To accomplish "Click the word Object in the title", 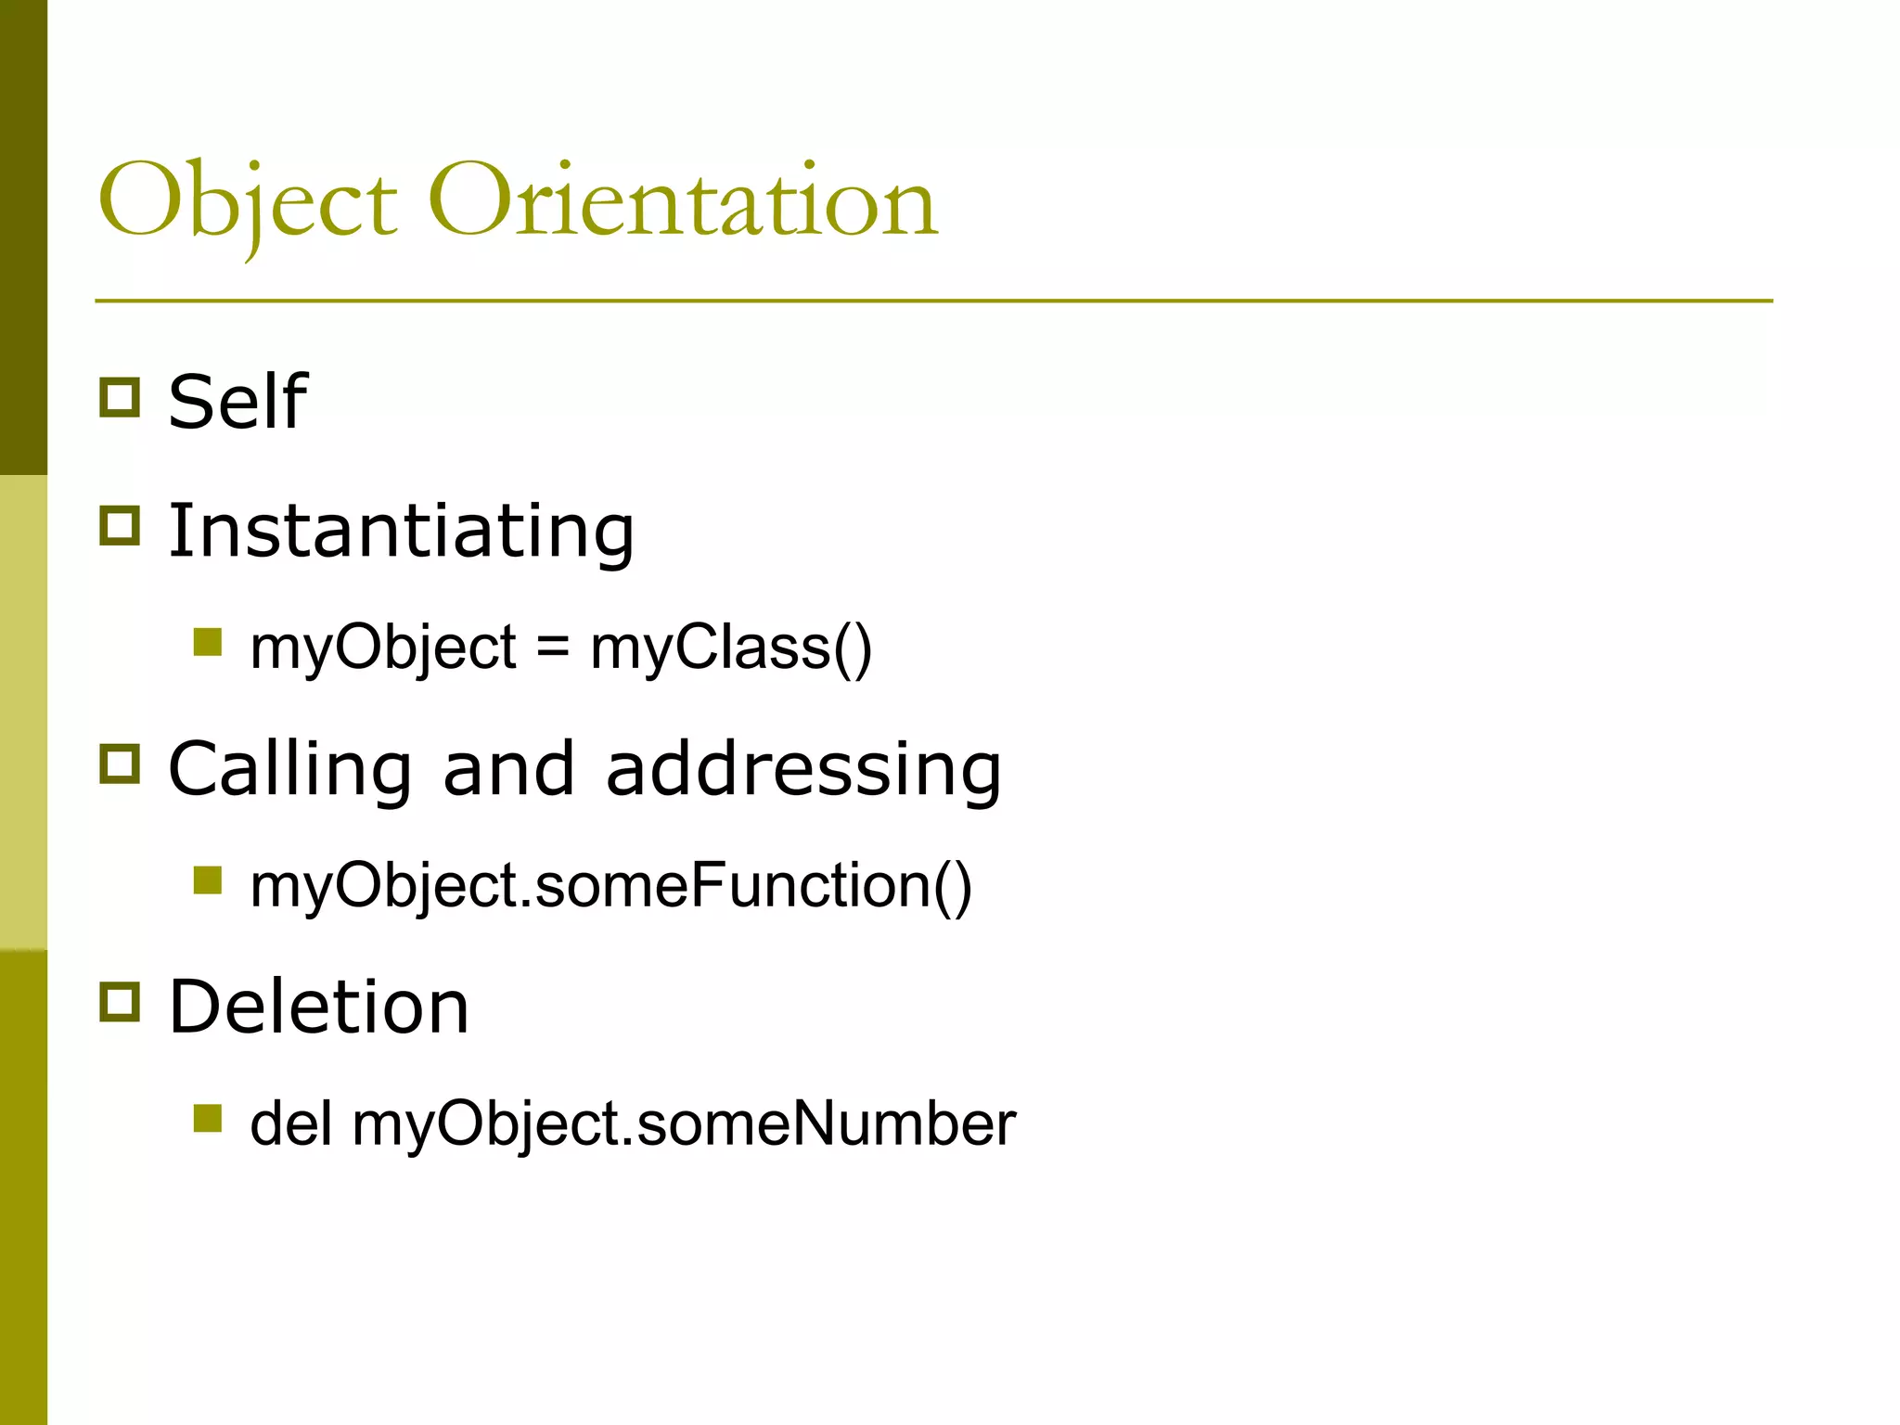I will (248, 202).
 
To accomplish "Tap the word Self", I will (237, 402).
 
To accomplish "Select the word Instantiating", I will (401, 531).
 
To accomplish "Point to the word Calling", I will (290, 769).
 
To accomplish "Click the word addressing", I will (803, 769).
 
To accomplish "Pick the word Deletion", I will (318, 1007).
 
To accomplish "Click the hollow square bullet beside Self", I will (120, 397).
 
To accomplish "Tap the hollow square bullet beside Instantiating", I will (120, 525).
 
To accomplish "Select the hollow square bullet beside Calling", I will (120, 764).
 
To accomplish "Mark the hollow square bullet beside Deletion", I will (120, 1002).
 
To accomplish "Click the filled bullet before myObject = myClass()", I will (208, 642).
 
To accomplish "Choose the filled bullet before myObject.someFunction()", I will (208, 879).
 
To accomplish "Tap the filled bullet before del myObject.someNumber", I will (208, 1118).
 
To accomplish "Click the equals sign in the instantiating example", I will (552, 647).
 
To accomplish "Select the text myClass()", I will (731, 647).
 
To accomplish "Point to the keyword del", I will (290, 1123).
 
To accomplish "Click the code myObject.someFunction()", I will (610, 885).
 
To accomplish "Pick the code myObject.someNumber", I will (684, 1123).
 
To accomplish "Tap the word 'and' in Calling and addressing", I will (508, 769).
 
